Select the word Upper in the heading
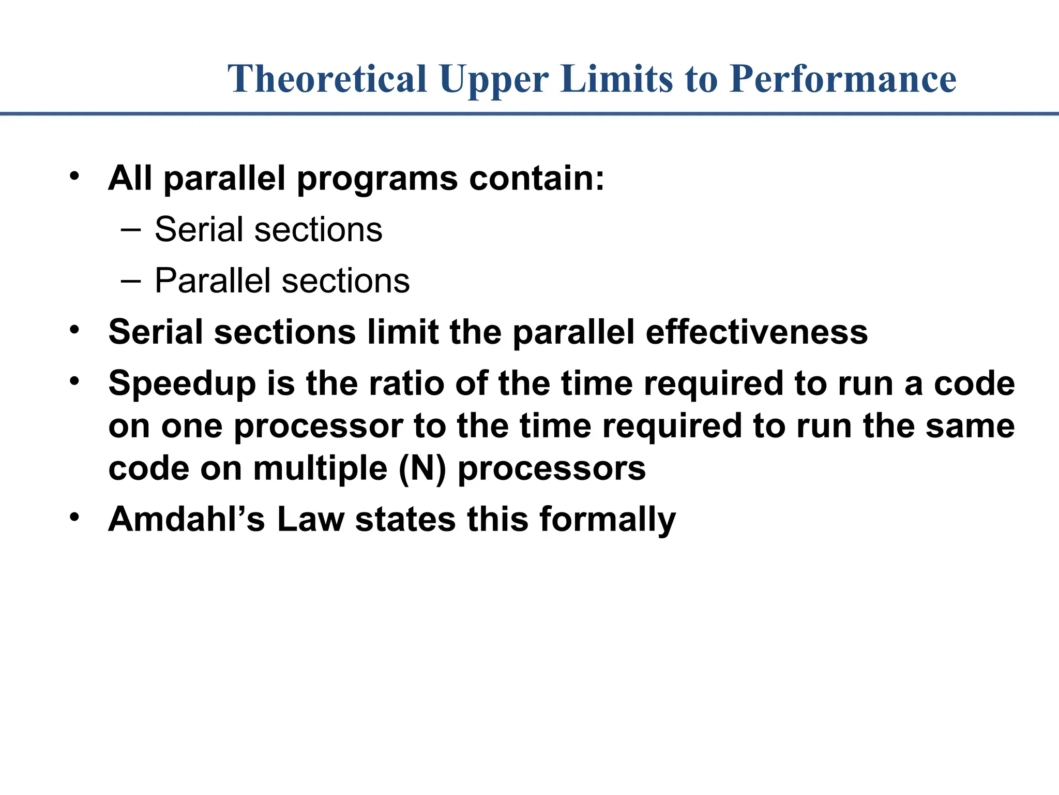pos(494,79)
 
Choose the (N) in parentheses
pos(422,468)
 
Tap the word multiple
pos(320,468)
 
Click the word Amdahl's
pos(186,519)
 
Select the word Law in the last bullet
pos(310,519)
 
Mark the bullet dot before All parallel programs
pos(75,176)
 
